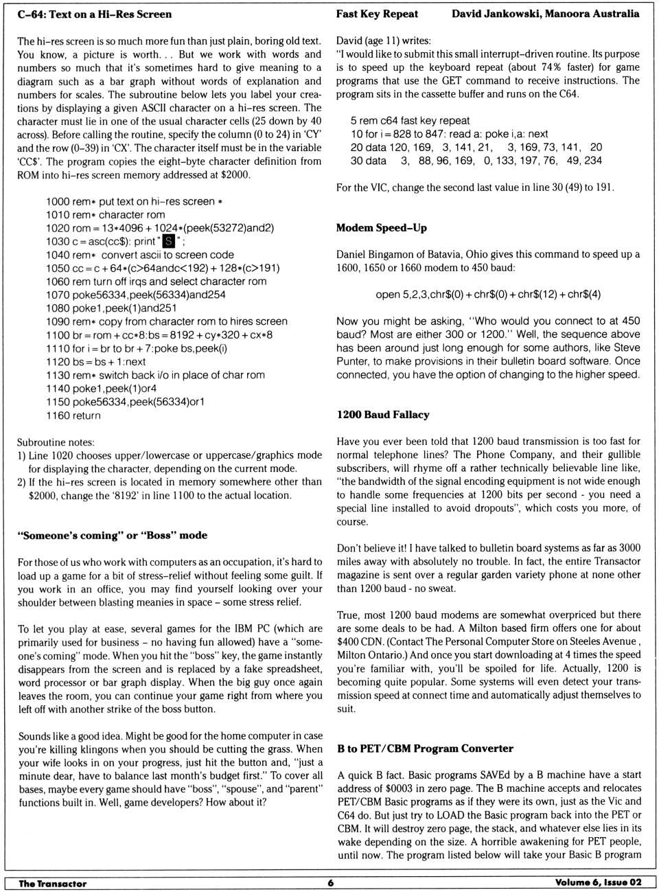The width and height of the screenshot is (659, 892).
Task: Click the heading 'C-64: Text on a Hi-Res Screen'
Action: point(95,14)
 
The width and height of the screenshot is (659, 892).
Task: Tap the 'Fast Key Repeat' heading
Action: point(377,14)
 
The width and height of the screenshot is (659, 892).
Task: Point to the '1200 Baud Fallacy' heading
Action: point(383,415)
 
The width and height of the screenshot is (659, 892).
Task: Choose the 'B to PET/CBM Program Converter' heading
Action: point(425,748)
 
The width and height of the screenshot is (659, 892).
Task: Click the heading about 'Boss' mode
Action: point(113,536)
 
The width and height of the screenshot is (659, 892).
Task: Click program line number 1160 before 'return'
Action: point(58,415)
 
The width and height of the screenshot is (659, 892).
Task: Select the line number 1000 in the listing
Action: point(58,202)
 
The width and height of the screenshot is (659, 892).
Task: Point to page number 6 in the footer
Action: point(330,883)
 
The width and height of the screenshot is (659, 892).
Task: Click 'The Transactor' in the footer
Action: point(52,884)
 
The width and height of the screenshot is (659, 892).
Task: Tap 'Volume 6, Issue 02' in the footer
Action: point(599,883)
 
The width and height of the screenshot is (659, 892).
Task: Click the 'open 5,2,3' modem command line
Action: point(488,295)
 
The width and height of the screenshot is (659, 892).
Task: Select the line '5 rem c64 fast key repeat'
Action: point(410,121)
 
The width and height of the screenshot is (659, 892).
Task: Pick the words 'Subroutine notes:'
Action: point(56,442)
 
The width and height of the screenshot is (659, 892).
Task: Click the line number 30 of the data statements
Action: point(356,161)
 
